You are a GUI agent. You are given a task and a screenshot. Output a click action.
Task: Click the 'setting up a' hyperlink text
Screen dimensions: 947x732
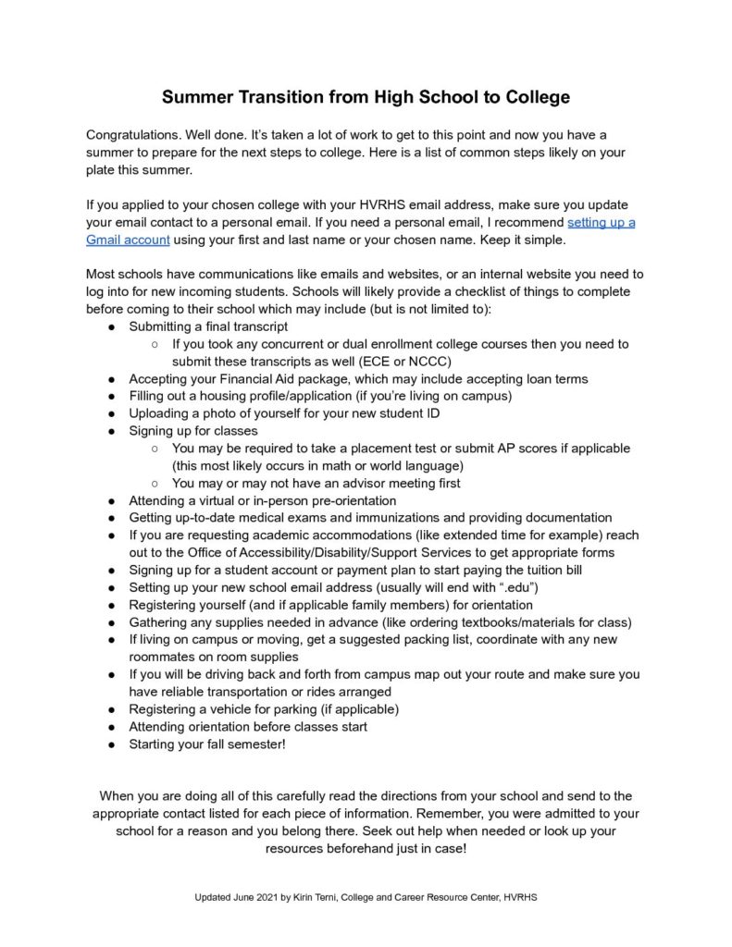(601, 222)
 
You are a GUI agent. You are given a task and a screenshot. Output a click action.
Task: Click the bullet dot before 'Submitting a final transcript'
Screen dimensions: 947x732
(110, 326)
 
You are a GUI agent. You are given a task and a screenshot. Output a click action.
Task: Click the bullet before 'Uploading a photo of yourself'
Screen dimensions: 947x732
(110, 413)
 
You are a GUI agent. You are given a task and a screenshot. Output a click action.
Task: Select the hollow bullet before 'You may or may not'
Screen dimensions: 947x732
(154, 483)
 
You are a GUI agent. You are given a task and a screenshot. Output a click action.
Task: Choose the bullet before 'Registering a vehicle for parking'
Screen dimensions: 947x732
(110, 709)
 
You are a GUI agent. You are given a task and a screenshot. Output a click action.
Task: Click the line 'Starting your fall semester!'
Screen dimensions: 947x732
(207, 744)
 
